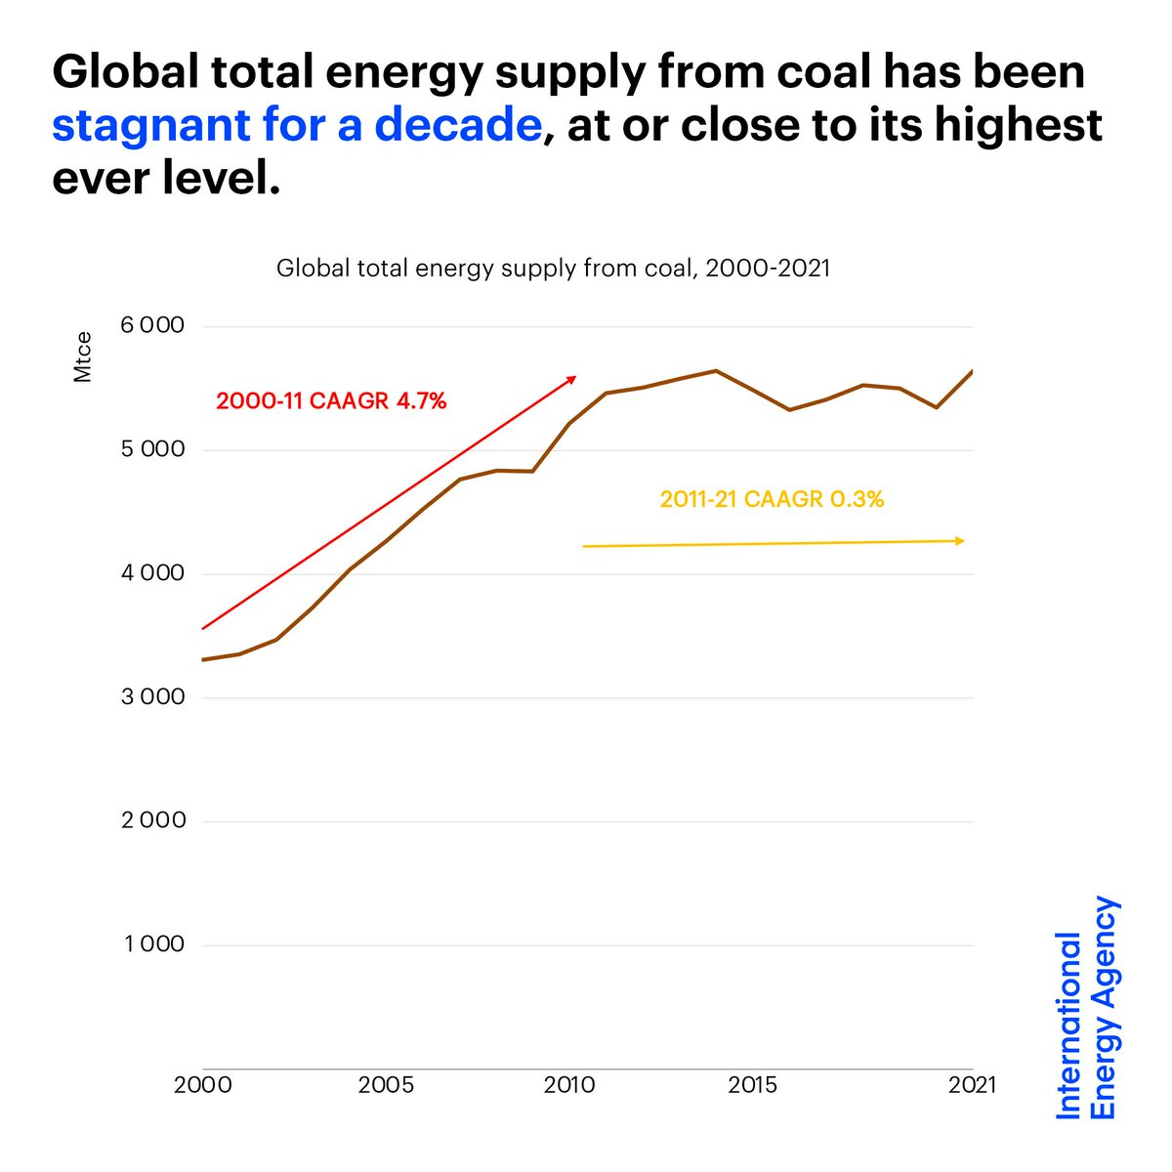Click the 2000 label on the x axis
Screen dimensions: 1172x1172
203,1085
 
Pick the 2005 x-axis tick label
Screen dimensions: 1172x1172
387,1085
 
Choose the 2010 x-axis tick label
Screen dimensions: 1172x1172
570,1085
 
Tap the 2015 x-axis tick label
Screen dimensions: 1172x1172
753,1085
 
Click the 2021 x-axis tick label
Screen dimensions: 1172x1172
973,1085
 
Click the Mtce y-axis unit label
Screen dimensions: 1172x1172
84,357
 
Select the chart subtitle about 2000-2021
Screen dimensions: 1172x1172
553,268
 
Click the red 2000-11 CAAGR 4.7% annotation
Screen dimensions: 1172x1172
331,400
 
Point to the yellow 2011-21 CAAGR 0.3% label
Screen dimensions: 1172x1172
772,499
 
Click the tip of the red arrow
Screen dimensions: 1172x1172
574,377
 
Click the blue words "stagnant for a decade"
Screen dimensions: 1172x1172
296,125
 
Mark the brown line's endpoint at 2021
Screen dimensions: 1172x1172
973,371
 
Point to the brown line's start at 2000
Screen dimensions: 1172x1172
203,660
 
